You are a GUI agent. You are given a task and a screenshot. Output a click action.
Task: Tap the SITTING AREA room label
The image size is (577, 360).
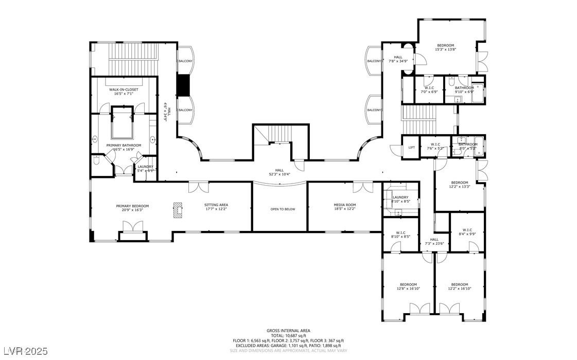click(216, 205)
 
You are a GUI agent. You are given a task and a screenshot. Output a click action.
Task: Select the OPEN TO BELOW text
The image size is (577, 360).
click(283, 209)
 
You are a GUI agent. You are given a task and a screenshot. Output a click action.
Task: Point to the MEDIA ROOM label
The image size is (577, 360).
click(344, 205)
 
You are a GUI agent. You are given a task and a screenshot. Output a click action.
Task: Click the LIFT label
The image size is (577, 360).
click(411, 148)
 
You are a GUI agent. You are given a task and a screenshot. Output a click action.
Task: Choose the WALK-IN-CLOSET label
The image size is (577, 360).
click(124, 89)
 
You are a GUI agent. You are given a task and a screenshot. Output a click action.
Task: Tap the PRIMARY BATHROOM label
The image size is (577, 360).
click(124, 146)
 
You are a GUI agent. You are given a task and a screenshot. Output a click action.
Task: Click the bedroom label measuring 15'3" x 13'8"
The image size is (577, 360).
click(446, 45)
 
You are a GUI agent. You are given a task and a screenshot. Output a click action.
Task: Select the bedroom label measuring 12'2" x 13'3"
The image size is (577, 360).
click(459, 183)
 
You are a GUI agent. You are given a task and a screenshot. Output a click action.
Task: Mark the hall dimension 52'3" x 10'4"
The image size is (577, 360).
click(279, 173)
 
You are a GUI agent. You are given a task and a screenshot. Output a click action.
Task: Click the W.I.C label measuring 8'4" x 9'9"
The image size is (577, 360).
click(467, 230)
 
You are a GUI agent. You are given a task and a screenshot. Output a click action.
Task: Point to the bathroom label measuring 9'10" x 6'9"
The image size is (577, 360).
click(464, 87)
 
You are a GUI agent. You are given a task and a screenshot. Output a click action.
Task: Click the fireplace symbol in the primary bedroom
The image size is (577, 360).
click(178, 209)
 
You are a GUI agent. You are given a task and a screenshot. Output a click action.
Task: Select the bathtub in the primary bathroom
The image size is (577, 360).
click(122, 123)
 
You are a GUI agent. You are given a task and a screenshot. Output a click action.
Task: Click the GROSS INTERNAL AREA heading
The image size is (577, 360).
click(288, 331)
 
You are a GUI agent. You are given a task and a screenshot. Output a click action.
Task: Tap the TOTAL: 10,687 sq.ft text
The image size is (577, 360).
click(288, 335)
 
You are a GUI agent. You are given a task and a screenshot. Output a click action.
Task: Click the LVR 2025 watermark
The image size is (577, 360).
click(24, 351)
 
